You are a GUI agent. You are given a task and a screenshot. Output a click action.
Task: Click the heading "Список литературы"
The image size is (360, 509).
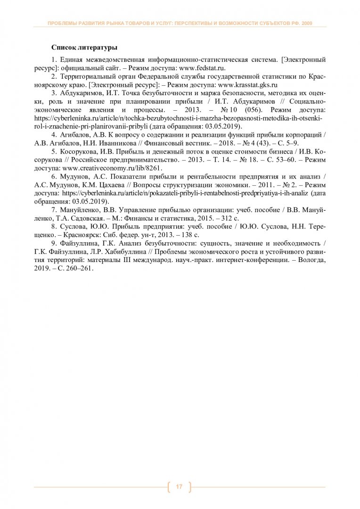click(x=84, y=48)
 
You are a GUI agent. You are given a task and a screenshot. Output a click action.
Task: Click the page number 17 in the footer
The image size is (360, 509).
click(x=179, y=486)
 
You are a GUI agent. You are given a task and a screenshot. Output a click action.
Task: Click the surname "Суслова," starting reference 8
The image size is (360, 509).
click(x=75, y=227)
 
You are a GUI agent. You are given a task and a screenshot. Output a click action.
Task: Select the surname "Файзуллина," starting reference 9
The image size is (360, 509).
click(x=81, y=243)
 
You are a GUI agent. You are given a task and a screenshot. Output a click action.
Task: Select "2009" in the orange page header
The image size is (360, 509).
click(x=305, y=23)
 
